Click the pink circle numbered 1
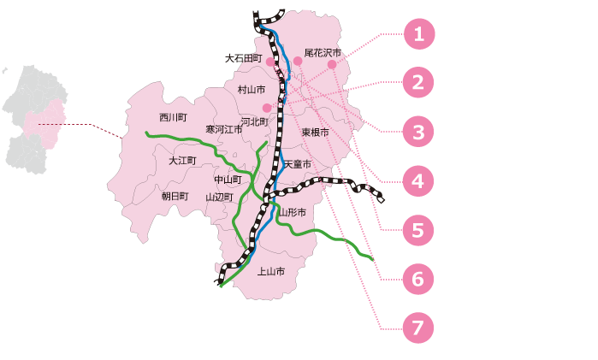pos(418,34)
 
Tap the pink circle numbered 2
pos(418,82)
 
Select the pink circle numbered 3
pos(418,132)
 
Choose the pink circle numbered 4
pos(418,180)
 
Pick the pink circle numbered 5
pos(418,230)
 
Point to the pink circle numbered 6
pos(418,279)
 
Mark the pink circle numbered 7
pos(418,328)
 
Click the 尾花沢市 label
pos(323,53)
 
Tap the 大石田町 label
pos(243,58)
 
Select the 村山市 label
pos(252,90)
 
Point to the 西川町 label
pos(173,117)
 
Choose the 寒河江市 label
pos(224,129)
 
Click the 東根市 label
pos(315,132)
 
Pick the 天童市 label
pos(298,164)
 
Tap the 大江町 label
pos(182,161)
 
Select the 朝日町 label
pos(175,197)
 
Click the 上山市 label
pos(271,272)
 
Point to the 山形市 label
pos(292,212)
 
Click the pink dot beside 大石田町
pos(270,62)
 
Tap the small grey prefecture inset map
pos(35,120)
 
